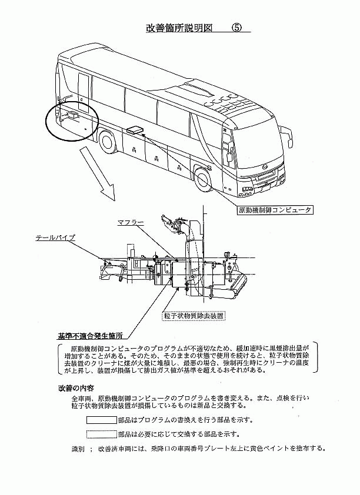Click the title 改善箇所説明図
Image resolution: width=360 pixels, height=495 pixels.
tap(179, 28)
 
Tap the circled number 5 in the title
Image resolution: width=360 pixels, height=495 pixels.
tap(236, 28)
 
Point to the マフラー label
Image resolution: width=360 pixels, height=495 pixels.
tap(131, 223)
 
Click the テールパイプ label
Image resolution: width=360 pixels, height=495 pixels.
tap(55, 238)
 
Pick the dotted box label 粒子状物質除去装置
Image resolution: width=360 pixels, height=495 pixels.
tap(194, 315)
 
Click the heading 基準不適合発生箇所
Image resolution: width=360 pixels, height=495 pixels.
tap(90, 335)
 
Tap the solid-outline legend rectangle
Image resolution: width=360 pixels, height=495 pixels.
tap(102, 420)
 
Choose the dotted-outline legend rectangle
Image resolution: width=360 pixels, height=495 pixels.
tap(102, 434)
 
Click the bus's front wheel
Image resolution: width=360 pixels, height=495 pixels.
tap(202, 179)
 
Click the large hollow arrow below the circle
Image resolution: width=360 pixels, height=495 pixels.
tap(97, 173)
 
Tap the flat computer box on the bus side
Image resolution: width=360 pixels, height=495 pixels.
tap(135, 129)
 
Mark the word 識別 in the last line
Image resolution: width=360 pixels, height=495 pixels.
tap(78, 449)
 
